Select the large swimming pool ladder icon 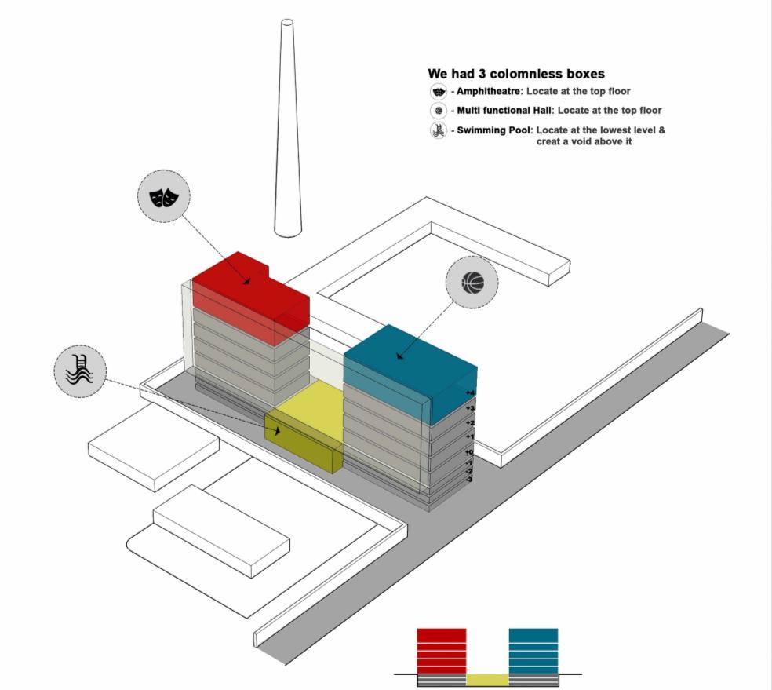[80, 371]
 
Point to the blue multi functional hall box [408, 369]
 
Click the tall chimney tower [288, 126]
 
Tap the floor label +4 [471, 392]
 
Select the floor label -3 [468, 479]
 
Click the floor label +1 [470, 436]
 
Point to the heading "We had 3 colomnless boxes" [515, 74]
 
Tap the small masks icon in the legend [439, 92]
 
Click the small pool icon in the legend [439, 130]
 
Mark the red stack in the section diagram [441, 650]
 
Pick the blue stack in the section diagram [533, 650]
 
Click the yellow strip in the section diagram [487, 679]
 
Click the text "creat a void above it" [584, 142]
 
